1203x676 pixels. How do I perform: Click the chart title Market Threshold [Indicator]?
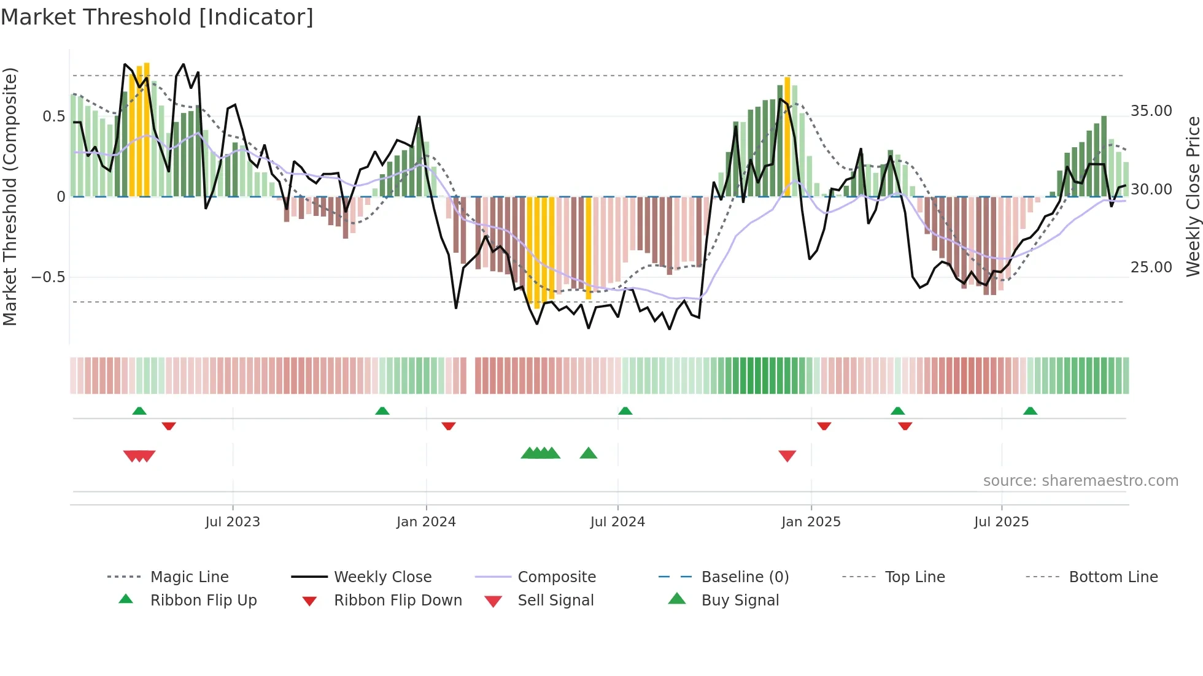coord(157,17)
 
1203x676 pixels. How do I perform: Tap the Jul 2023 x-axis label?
coord(233,522)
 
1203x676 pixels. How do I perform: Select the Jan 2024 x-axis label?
coord(426,522)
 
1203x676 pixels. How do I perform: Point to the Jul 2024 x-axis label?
coord(617,522)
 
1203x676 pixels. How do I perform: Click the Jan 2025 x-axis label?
coord(811,522)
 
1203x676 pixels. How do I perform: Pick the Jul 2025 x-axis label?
coord(1001,522)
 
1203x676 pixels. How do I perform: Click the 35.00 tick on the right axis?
coord(1151,111)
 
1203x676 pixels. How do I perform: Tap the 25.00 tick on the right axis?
coord(1151,267)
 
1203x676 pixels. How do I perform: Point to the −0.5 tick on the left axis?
coord(48,277)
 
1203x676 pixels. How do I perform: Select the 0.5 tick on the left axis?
coord(53,117)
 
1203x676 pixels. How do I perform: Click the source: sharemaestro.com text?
coord(1080,481)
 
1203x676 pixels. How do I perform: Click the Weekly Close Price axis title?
coord(1193,196)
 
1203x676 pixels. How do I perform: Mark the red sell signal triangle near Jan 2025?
coord(787,455)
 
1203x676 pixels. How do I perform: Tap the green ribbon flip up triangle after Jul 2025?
coord(1030,411)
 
